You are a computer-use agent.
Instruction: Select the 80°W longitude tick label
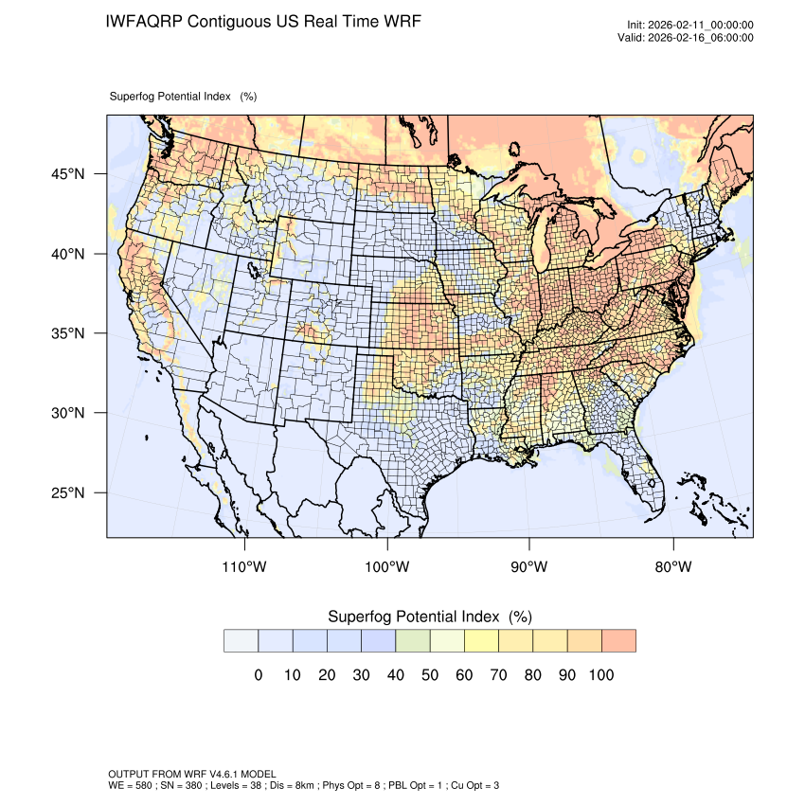point(673,567)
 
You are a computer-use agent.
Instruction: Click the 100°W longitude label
point(387,567)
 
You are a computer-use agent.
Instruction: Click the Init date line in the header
point(690,26)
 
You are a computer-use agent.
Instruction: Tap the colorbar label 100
point(600,675)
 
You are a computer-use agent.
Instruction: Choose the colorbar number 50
point(429,675)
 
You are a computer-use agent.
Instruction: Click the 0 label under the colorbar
point(258,675)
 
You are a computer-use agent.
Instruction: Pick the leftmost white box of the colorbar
point(241,641)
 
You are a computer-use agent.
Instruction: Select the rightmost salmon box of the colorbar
point(618,641)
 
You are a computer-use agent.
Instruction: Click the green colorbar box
point(412,641)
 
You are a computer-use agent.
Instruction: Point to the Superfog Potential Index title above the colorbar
point(429,617)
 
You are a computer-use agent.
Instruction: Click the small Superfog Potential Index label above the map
point(183,97)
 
